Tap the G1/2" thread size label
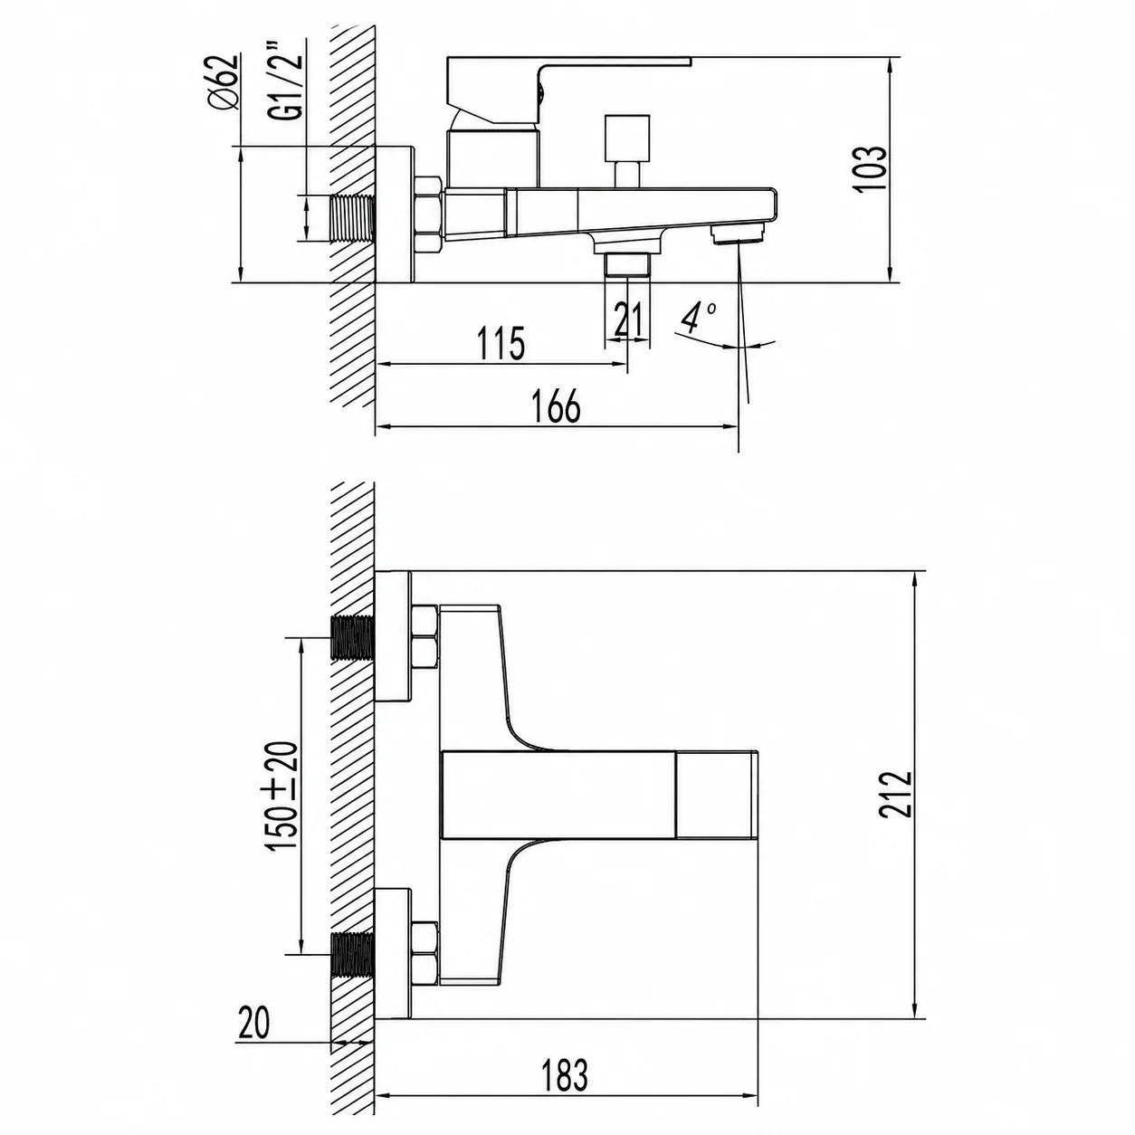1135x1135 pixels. (x=291, y=87)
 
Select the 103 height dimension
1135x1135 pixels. (x=871, y=168)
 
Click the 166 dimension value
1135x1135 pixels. (x=557, y=405)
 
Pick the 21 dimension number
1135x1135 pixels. (x=627, y=319)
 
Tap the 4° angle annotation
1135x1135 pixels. (x=698, y=317)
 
